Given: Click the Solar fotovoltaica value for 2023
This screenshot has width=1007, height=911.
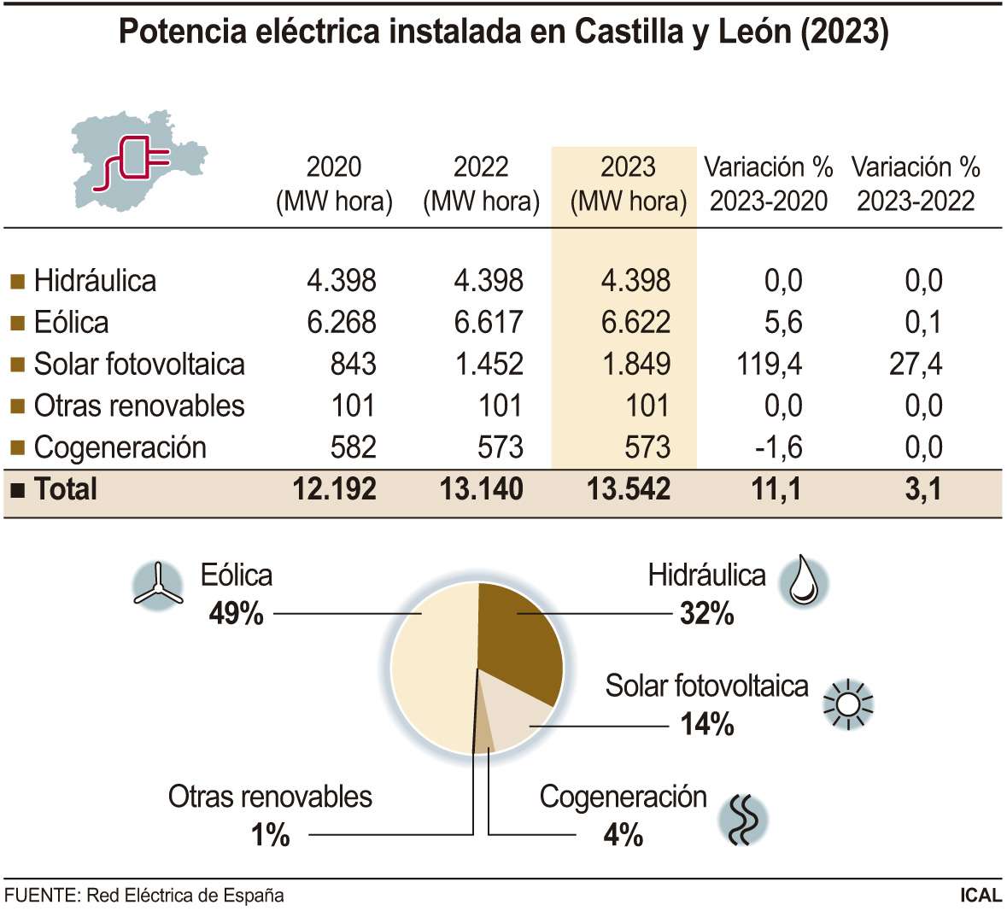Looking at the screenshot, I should pyautogui.click(x=636, y=364).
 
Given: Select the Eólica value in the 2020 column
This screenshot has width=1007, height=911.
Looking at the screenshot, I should pyautogui.click(x=341, y=322).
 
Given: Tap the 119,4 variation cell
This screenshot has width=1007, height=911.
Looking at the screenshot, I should pyautogui.click(x=769, y=364).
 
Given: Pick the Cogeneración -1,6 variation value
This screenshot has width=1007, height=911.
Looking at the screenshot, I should pyautogui.click(x=778, y=447).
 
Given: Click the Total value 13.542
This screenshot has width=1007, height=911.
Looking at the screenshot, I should pyautogui.click(x=629, y=489).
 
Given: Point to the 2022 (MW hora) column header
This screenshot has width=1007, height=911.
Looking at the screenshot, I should pyautogui.click(x=481, y=184).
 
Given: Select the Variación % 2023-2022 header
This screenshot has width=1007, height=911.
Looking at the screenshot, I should pyautogui.click(x=916, y=184).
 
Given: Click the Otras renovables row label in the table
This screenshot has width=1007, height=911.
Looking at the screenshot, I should pyautogui.click(x=138, y=406).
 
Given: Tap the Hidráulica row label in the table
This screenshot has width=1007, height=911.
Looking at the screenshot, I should pyautogui.click(x=95, y=281).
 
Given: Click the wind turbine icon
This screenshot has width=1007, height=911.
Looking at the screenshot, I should pyautogui.click(x=158, y=587).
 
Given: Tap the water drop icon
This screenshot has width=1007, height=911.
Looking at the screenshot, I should pyautogui.click(x=804, y=581).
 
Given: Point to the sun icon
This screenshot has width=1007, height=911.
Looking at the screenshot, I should pyautogui.click(x=847, y=704).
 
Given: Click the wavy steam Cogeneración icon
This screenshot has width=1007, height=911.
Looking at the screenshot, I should pyautogui.click(x=742, y=819).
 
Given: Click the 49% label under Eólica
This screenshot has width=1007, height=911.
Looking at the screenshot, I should pyautogui.click(x=236, y=613).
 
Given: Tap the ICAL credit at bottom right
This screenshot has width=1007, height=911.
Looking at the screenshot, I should pyautogui.click(x=980, y=896).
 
